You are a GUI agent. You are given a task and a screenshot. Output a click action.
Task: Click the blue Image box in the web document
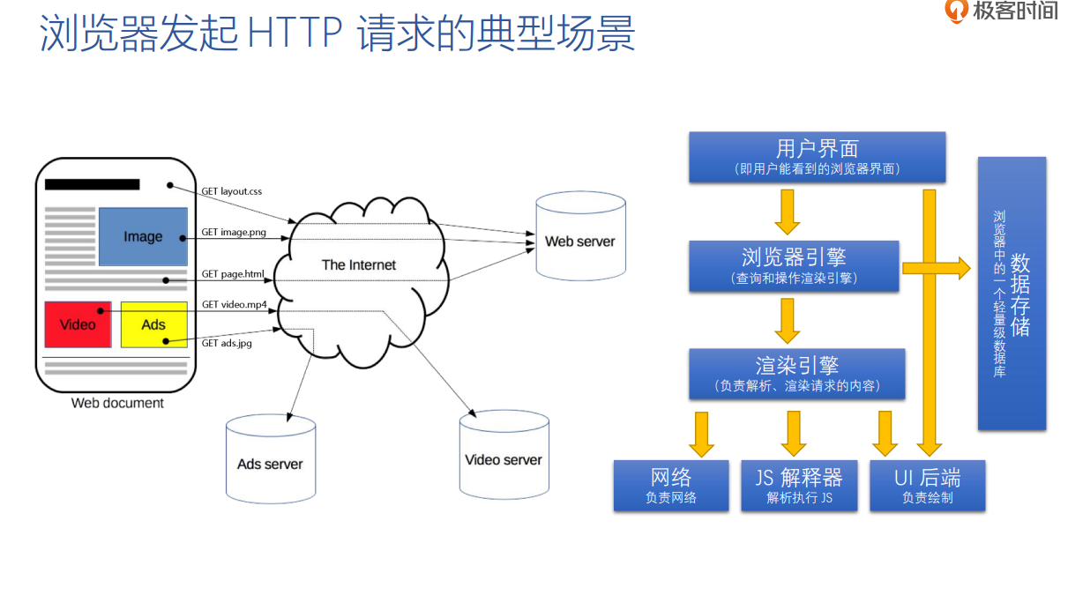(143, 236)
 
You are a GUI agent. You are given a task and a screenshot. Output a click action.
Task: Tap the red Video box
(78, 324)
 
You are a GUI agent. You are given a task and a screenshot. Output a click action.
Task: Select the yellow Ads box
(153, 324)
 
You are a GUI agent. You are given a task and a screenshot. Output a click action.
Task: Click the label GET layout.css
(231, 190)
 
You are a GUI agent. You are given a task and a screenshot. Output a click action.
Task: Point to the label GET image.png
(233, 233)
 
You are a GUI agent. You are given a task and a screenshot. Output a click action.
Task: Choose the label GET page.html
(233, 274)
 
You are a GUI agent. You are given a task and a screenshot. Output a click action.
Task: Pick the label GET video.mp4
(234, 304)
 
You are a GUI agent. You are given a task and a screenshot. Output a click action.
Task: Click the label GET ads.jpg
(227, 343)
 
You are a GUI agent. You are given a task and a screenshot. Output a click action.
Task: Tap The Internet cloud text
(358, 264)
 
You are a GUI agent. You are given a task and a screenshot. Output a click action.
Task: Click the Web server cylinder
(579, 241)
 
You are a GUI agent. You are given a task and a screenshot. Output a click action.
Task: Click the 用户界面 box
(817, 157)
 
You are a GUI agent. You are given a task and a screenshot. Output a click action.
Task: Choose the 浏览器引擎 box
(794, 265)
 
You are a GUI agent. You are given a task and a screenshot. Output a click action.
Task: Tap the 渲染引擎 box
(796, 373)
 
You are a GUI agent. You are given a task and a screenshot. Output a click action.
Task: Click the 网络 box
(671, 485)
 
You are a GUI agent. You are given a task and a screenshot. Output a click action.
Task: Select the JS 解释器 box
(799, 485)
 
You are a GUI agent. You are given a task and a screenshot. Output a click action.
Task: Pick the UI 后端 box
(927, 485)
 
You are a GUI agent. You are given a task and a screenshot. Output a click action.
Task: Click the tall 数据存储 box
(1012, 294)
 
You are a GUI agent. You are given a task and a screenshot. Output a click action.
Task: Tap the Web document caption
(117, 403)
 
